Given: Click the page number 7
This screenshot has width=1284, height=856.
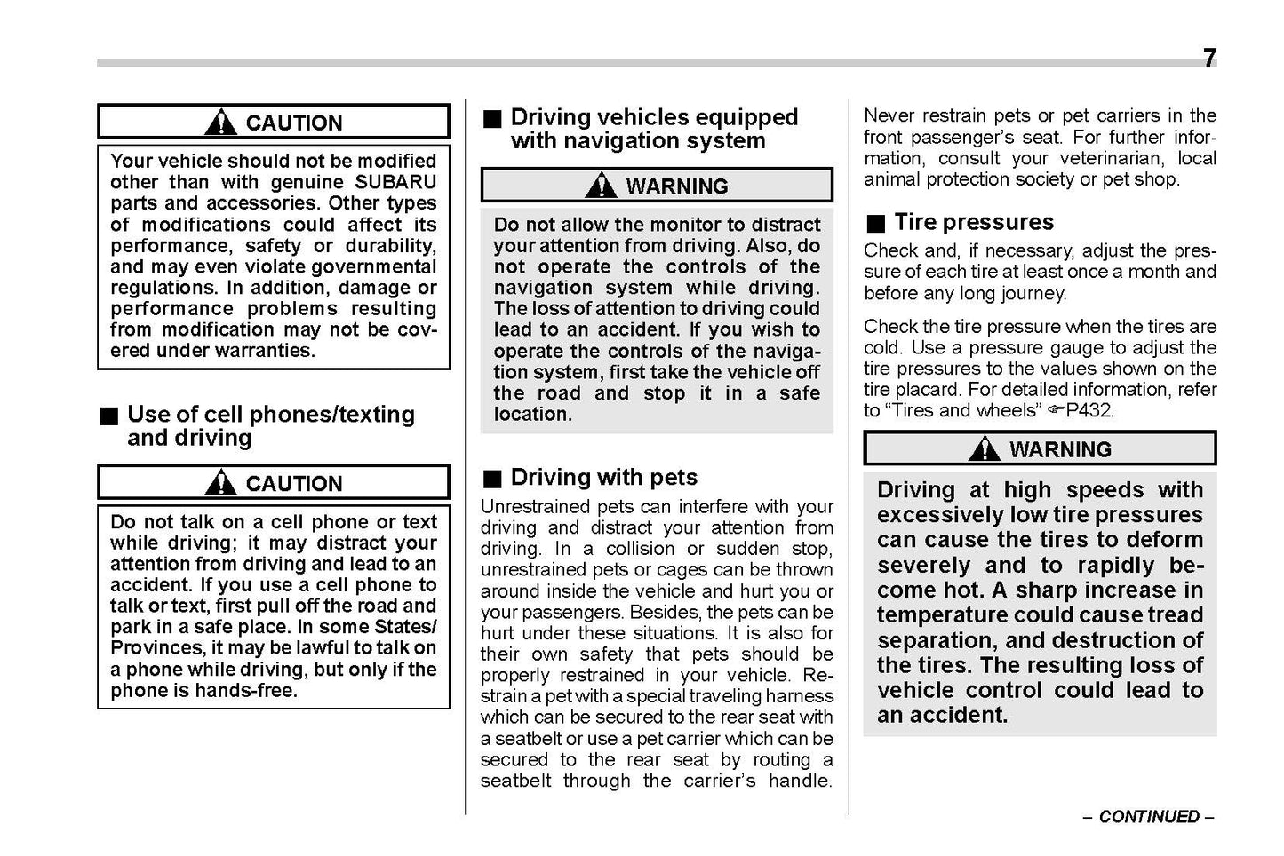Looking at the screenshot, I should coord(1209,59).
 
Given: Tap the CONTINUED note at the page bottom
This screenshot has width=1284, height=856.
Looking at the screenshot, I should coord(1148,817).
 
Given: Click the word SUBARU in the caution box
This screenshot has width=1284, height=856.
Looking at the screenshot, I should coord(395,182).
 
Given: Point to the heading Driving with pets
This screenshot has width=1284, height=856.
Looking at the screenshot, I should coord(603,478).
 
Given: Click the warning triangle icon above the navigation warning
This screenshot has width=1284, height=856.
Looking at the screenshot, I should coord(602,186).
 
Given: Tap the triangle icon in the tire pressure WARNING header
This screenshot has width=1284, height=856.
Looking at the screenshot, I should coord(985,449).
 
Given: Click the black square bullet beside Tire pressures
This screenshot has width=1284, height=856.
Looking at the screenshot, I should coord(877,223).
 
